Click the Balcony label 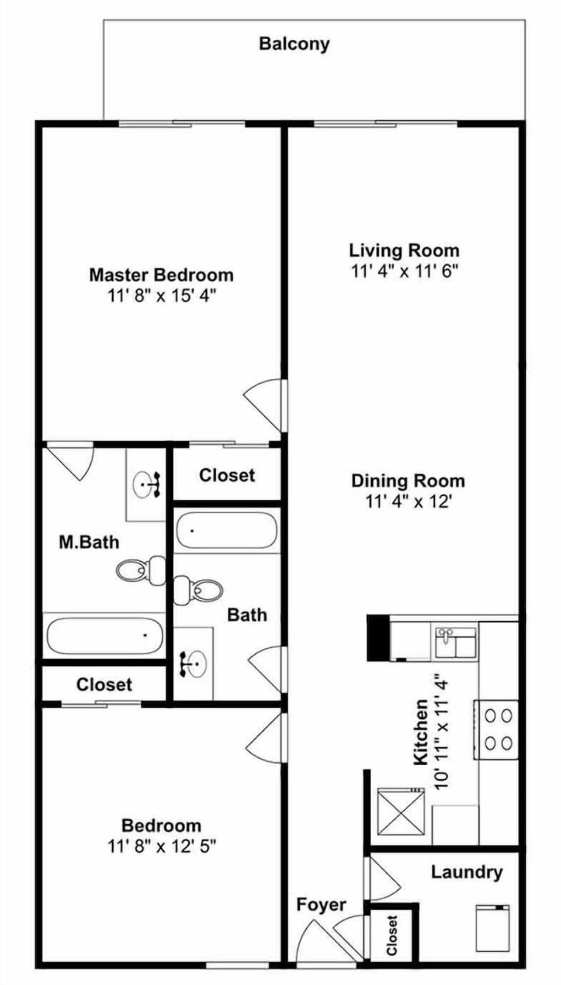click(294, 44)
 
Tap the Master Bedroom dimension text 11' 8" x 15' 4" click(161, 295)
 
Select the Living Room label click(404, 250)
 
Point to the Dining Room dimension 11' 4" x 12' click(408, 502)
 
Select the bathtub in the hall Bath click(226, 530)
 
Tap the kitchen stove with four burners click(497, 729)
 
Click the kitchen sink click(455, 641)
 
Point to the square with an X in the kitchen click(400, 812)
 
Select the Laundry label click(466, 872)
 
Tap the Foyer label click(321, 904)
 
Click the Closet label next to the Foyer click(392, 935)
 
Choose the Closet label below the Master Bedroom click(227, 475)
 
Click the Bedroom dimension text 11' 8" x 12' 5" click(161, 846)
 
